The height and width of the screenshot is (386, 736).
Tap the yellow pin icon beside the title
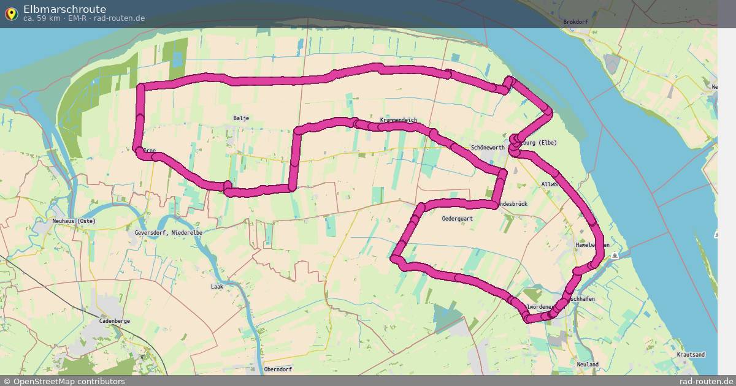[11, 14]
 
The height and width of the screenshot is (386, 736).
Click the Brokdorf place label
[575, 22]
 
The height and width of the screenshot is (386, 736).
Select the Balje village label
[241, 118]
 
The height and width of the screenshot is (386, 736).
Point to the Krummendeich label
[399, 120]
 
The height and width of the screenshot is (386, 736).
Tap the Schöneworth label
[488, 148]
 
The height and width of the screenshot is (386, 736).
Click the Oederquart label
[457, 218]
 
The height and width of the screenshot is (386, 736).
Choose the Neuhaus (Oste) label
[74, 221]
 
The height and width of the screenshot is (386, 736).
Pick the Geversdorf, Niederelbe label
[169, 233]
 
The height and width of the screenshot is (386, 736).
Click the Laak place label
[217, 286]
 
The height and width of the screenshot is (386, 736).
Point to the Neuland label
[588, 364]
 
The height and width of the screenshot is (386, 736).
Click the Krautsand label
[691, 355]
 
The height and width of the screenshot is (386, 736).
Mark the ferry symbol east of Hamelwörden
[615, 256]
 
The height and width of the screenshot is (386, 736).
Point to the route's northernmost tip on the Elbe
[508, 79]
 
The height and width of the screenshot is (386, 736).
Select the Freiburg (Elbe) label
[539, 143]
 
